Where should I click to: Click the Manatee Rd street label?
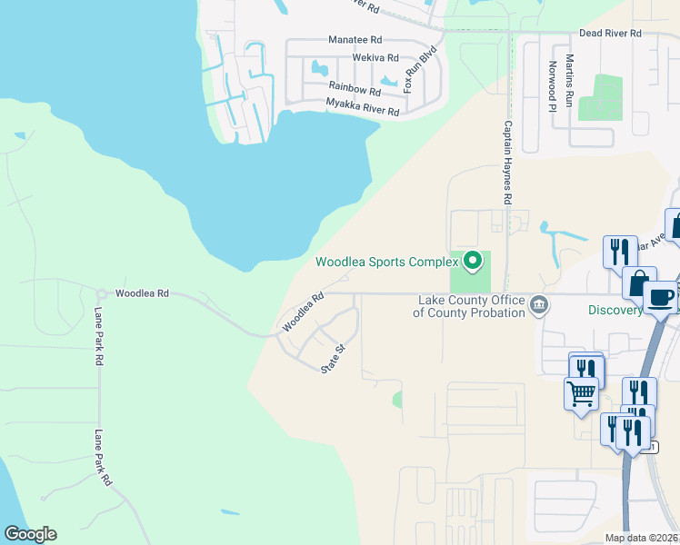(355, 41)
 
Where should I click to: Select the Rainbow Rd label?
(355, 90)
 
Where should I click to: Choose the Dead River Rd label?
(611, 34)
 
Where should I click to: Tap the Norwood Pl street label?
(552, 86)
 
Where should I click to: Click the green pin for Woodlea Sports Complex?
(472, 262)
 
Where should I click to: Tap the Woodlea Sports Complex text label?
(387, 263)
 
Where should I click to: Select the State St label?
(334, 358)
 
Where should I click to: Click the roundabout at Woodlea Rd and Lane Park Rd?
(101, 293)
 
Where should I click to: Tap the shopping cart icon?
(581, 394)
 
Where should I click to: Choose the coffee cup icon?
(660, 296)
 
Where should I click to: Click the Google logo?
(30, 534)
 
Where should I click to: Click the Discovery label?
(615, 311)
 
